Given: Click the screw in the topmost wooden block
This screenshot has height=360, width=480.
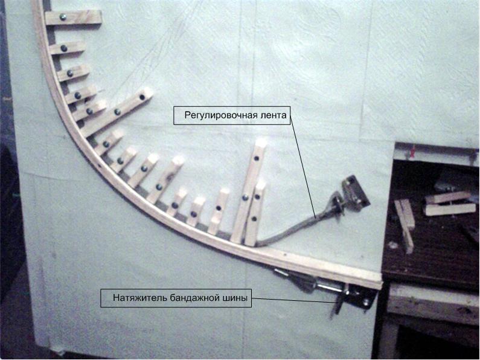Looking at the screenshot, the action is (x=63, y=17).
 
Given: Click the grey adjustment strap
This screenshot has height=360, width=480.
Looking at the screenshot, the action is (x=294, y=227).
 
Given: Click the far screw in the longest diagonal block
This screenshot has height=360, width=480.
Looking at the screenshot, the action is (x=142, y=97).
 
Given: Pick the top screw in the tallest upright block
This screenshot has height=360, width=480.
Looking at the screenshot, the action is (x=256, y=159).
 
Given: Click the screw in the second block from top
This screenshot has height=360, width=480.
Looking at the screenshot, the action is (x=63, y=48).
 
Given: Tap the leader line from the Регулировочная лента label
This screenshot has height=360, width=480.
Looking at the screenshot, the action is (x=303, y=167).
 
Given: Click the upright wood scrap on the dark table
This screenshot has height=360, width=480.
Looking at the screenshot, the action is (x=405, y=226).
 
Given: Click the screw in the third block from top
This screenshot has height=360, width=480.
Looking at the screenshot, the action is (x=70, y=73).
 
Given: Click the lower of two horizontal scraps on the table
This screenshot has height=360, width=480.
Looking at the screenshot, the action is (x=450, y=210).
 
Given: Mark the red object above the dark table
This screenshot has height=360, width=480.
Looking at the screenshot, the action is (x=413, y=152).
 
